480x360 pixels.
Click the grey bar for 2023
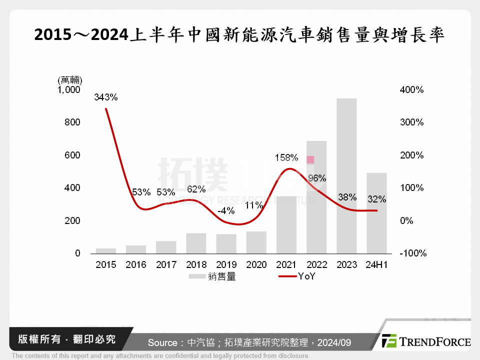[x=346, y=175]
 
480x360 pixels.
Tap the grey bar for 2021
[x=286, y=224]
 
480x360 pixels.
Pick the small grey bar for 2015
[x=106, y=250]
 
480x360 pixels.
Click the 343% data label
[x=106, y=97]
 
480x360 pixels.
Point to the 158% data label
[x=286, y=157]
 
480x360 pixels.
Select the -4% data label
[x=226, y=210]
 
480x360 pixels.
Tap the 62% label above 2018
[x=196, y=189]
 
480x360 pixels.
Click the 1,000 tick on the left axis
[x=69, y=90]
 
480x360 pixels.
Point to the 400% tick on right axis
[x=411, y=90]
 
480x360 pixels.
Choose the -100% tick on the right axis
[x=412, y=253]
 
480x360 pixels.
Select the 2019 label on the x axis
[x=226, y=265]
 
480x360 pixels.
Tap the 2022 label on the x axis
[x=316, y=265]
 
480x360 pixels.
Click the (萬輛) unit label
[x=70, y=80]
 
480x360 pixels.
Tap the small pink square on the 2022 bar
[x=310, y=159]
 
